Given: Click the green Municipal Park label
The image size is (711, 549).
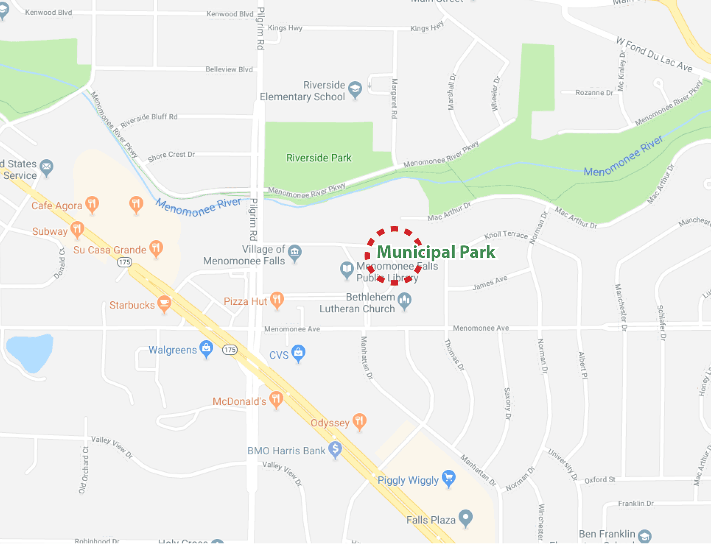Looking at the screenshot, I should pyautogui.click(x=436, y=252).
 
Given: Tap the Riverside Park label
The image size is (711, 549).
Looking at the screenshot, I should pyautogui.click(x=319, y=158).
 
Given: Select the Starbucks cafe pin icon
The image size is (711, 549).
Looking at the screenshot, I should pyautogui.click(x=164, y=303).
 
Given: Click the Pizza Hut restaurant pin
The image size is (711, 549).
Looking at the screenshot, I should pyautogui.click(x=277, y=300).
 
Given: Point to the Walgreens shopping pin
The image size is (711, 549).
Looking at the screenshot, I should pyautogui.click(x=206, y=348).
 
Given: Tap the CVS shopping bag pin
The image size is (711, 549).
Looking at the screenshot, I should pyautogui.click(x=298, y=353).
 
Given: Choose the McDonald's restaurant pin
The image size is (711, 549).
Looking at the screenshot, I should pyautogui.click(x=276, y=400).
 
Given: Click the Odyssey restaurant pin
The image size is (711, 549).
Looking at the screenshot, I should pyautogui.click(x=359, y=421).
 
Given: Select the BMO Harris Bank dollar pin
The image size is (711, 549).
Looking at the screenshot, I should pyautogui.click(x=335, y=449).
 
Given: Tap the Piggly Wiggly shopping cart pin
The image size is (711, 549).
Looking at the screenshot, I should pyautogui.click(x=449, y=478).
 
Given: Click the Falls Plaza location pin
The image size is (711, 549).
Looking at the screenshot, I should pyautogui.click(x=465, y=518).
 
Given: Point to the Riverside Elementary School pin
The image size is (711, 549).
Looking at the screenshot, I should pyautogui.click(x=355, y=90).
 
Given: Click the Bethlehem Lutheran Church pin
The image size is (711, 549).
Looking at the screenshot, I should pyautogui.click(x=404, y=301).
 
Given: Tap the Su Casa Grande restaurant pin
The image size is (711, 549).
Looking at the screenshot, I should pyautogui.click(x=156, y=248).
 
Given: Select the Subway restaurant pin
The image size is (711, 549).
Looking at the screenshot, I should pyautogui.click(x=77, y=229).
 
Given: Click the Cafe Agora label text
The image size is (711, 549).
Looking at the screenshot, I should pyautogui.click(x=56, y=206).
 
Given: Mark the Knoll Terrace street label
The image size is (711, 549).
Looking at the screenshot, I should pyautogui.click(x=506, y=235).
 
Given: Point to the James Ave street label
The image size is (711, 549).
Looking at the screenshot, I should pyautogui.click(x=490, y=283).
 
